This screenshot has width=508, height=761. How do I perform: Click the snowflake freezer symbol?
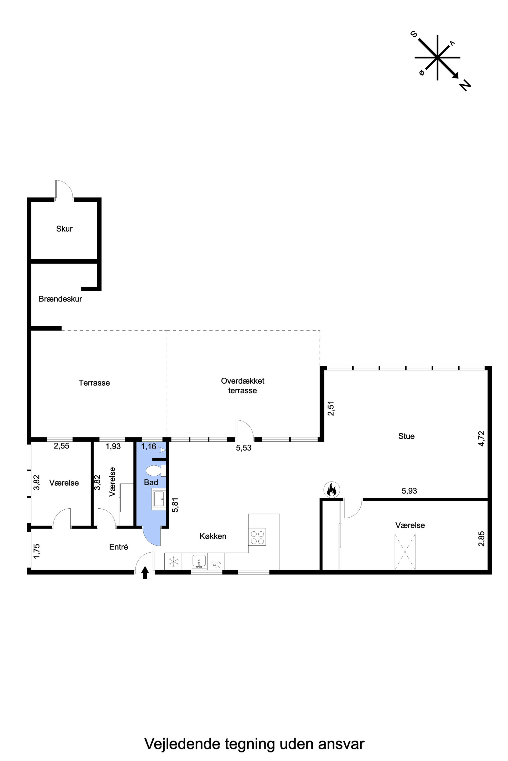(x=173, y=561)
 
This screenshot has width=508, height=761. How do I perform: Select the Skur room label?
(x=64, y=229)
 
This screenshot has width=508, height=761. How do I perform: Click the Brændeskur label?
(x=60, y=299)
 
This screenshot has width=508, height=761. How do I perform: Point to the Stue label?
(x=406, y=436)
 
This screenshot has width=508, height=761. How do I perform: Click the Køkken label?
(x=213, y=536)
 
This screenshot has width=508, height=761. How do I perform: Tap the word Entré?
(x=119, y=547)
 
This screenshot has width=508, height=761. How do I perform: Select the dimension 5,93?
(x=409, y=491)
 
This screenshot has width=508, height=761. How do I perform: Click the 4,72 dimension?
(x=481, y=439)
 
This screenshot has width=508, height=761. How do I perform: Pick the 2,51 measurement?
(x=331, y=408)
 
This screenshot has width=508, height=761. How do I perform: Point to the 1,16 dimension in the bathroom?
(x=149, y=447)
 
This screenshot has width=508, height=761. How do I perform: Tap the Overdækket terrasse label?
(x=243, y=386)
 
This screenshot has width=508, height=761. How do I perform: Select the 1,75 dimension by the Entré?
(x=37, y=551)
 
